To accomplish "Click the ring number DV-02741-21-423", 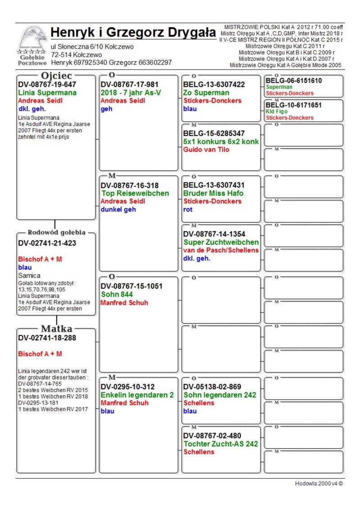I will pyautogui.click(x=47, y=243).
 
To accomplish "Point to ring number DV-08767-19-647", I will pyautogui.click(x=47, y=84).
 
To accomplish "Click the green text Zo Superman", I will pyautogui.click(x=206, y=93).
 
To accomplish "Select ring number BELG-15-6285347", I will pyautogui.click(x=214, y=133).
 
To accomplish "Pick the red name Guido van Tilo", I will pyautogui.click(x=207, y=149).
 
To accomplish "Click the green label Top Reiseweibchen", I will pyautogui.click(x=135, y=194).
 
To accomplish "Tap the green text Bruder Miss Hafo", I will pyautogui.click(x=213, y=194).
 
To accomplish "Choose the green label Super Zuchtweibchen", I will pyautogui.click(x=221, y=242).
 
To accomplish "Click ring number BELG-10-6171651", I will pyautogui.click(x=294, y=105).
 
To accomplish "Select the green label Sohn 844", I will pyautogui.click(x=117, y=294).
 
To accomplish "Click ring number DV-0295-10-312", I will pyautogui.click(x=128, y=387).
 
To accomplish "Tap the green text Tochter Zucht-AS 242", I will pyautogui.click(x=221, y=444).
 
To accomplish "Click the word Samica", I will pyautogui.click(x=29, y=275).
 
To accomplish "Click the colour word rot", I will pyautogui.click(x=188, y=209).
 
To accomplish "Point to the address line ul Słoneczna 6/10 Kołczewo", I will pyautogui.click(x=92, y=46).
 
